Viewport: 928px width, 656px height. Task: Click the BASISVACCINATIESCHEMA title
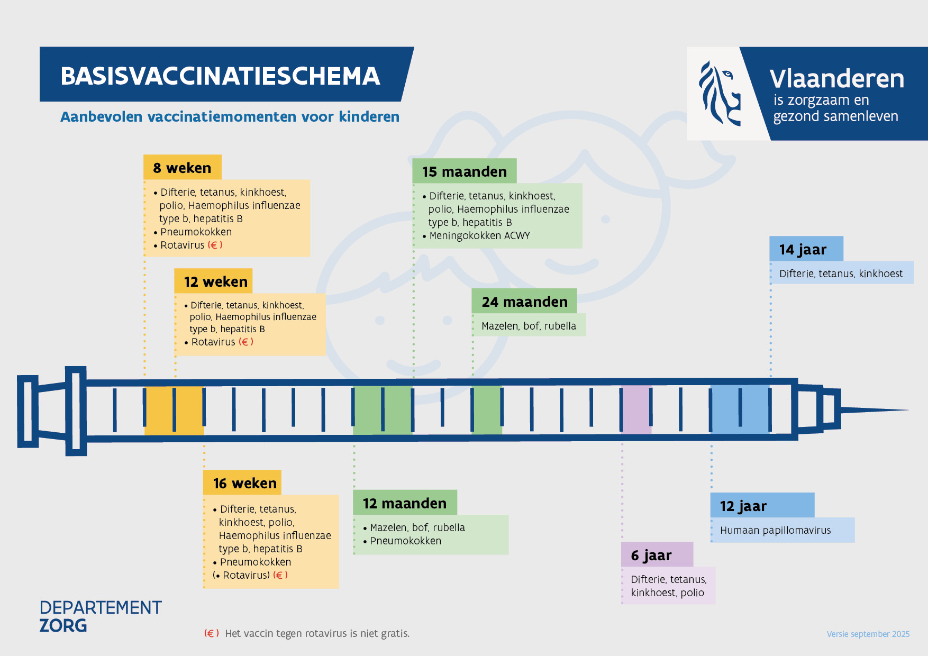220,76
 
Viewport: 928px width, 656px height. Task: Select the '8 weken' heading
182,168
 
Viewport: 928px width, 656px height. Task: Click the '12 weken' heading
215,281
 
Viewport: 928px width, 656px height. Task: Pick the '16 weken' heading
244,483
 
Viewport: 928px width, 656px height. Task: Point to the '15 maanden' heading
464,171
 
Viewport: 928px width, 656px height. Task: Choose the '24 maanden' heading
524,302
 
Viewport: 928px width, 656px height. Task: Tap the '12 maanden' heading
405,503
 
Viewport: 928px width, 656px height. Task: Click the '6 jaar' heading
651,555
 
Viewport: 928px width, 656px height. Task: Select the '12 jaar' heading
743,506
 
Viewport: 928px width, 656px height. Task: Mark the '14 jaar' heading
803,249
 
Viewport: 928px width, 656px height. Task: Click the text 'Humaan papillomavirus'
775,530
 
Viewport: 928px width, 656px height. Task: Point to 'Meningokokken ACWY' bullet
479,235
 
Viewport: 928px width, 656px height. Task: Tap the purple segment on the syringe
636,409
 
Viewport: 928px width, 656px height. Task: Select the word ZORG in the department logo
63,626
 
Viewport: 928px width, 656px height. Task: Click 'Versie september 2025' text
868,634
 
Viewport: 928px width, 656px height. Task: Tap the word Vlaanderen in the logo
836,79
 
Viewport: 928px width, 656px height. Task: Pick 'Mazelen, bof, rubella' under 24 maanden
529,326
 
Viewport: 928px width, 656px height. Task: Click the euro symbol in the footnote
211,633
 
